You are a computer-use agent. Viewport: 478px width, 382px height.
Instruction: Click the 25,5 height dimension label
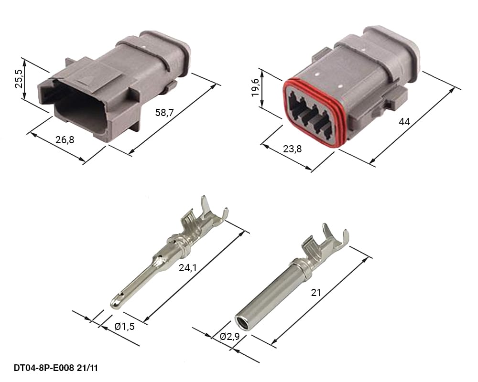(19, 79)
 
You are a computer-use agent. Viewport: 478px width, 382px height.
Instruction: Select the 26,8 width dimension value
(65, 140)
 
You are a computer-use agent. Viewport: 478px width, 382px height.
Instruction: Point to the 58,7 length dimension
(164, 113)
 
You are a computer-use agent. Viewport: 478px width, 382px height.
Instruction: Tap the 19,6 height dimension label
(255, 87)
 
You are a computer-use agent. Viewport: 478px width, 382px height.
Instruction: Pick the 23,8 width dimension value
(293, 149)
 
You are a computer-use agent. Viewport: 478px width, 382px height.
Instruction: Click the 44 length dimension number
(404, 122)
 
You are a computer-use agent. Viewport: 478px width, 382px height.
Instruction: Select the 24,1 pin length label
(187, 268)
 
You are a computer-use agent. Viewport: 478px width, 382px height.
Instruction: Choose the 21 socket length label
(316, 293)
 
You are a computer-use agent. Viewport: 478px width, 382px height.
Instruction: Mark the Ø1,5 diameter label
(124, 327)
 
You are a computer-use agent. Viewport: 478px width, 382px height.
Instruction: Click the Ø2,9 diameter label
(229, 337)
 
